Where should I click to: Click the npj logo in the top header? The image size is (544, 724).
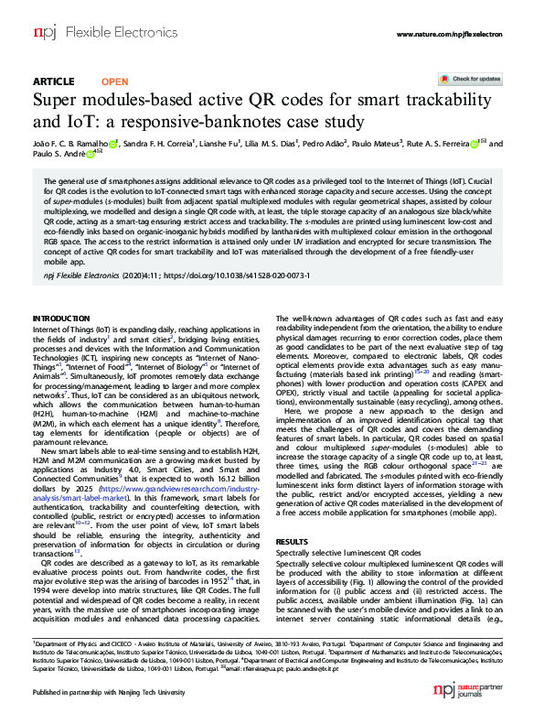coord(44,34)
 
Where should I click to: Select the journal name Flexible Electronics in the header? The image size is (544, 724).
coord(100,34)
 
